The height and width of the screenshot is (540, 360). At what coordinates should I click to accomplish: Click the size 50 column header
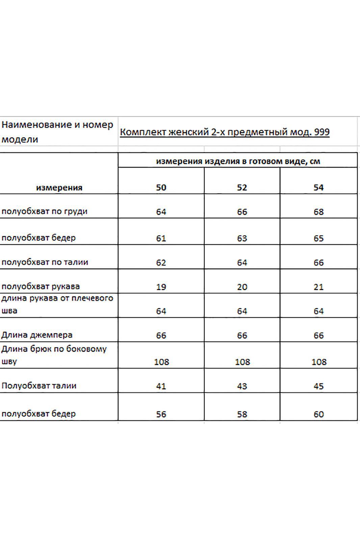point(161,188)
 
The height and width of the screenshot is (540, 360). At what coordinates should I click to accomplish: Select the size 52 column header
point(242,188)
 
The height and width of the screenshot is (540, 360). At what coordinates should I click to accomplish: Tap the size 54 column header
point(318,188)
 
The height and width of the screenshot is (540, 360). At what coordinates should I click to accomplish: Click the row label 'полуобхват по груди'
point(45,212)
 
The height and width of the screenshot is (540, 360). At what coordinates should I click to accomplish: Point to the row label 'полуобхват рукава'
point(41,287)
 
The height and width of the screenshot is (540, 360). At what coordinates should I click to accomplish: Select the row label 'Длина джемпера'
point(37,335)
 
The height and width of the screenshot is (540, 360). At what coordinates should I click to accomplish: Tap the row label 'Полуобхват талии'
point(39,386)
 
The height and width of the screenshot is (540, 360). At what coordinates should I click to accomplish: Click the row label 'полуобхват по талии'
point(45,262)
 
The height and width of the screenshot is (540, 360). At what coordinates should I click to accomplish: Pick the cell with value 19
point(161,287)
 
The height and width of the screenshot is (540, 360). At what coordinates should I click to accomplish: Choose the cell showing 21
point(318,287)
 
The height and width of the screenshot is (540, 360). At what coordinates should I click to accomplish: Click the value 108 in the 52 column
point(242,362)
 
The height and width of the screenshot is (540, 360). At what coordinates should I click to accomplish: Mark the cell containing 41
point(161,386)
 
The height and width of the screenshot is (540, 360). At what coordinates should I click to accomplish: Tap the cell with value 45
point(318,386)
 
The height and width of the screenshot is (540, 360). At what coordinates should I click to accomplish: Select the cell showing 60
point(318,414)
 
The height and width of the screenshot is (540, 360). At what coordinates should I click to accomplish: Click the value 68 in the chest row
point(318,212)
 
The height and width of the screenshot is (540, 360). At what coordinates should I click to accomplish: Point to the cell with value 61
point(161,238)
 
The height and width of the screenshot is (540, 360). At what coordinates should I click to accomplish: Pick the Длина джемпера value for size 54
point(318,335)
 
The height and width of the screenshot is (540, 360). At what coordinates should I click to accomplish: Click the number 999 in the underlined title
point(322,132)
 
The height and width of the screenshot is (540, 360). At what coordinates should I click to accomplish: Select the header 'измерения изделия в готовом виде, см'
point(238,161)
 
